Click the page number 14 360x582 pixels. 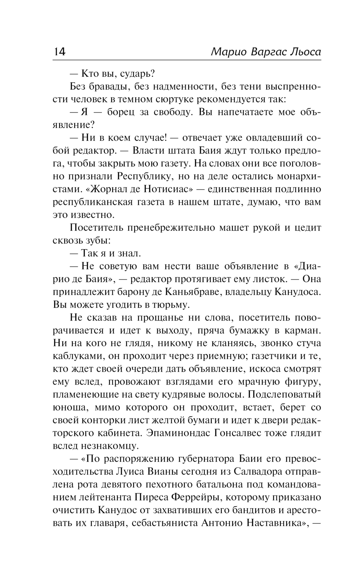point(59,52)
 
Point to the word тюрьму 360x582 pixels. point(171,305)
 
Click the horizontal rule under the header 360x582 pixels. point(187,60)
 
